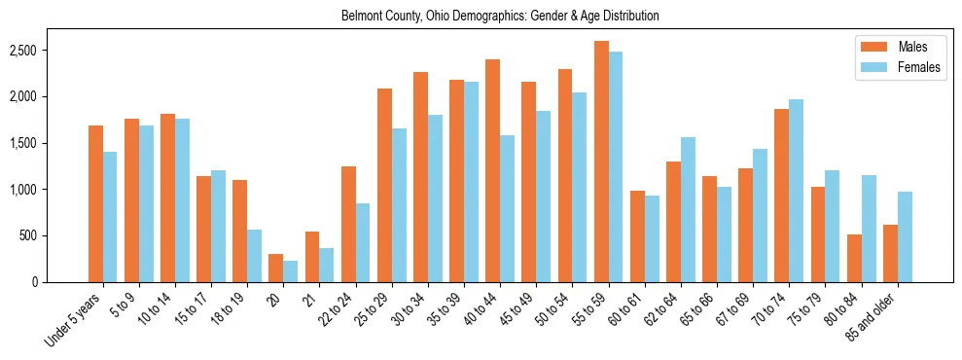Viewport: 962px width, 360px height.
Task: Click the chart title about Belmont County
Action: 500,17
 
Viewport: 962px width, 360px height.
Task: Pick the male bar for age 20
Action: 276,268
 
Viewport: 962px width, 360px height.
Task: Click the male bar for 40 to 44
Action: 493,170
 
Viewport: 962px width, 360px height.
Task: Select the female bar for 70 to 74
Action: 797,191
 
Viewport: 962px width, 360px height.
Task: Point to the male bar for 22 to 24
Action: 348,224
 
